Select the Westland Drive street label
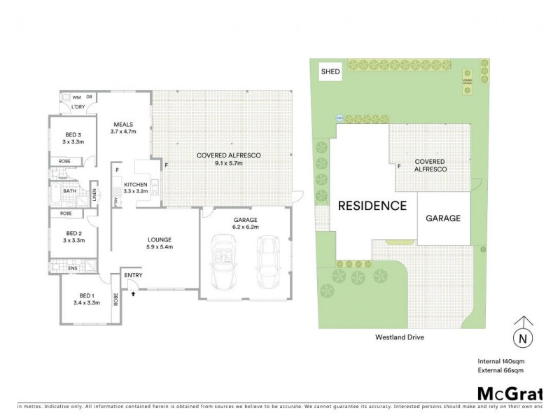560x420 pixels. coord(400,337)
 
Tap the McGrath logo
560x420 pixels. coord(509,392)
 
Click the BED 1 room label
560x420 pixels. coord(87,299)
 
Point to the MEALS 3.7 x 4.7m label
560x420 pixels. coord(123,127)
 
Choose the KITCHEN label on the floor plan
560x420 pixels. coord(135,185)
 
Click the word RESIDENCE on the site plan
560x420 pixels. coord(372,206)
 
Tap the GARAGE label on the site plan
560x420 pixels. coord(443,218)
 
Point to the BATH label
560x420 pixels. coord(69,190)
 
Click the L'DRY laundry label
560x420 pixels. coord(78,107)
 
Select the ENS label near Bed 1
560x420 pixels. coord(73,267)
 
